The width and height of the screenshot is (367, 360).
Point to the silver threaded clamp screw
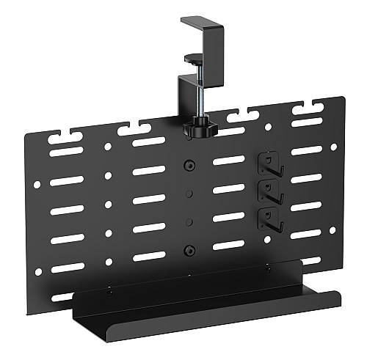point(198,95)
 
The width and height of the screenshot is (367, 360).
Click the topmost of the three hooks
point(270,162)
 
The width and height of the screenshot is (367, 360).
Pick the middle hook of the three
point(271,188)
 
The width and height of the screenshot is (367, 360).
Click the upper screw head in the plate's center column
point(189,166)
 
